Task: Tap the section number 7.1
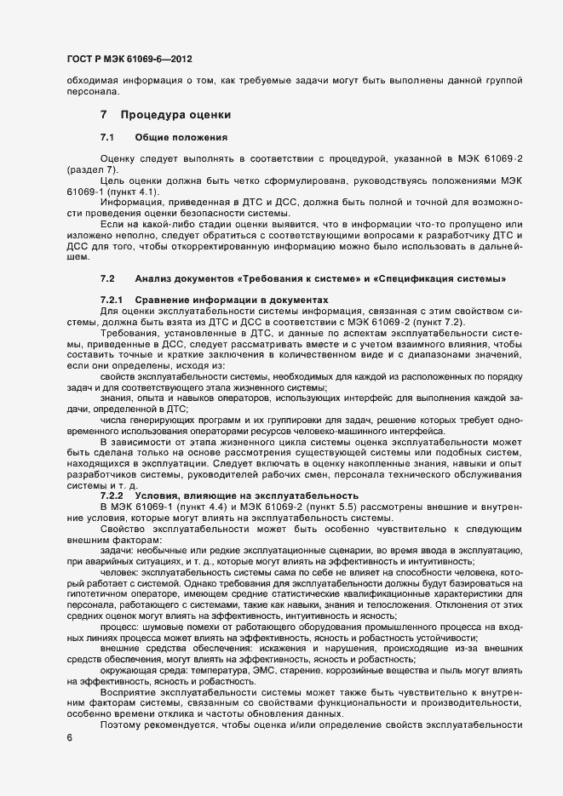coord(107,137)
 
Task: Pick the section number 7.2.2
coord(112,495)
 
